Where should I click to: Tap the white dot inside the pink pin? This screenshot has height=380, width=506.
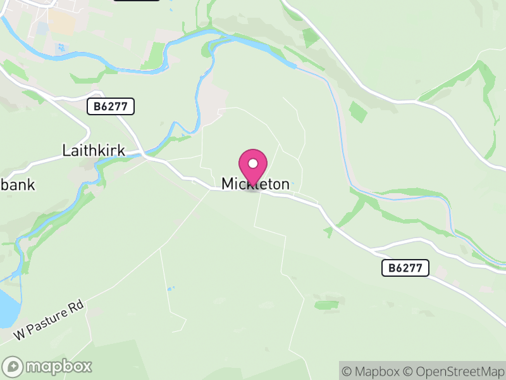(253, 163)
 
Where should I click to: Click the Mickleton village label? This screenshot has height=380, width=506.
(256, 184)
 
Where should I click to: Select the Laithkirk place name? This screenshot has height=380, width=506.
(94, 151)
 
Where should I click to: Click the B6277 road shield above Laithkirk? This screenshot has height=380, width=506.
(111, 106)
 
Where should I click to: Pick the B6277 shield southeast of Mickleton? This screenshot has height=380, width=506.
(405, 268)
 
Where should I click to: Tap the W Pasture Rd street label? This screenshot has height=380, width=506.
(49, 319)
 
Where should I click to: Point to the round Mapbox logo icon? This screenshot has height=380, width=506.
(13, 366)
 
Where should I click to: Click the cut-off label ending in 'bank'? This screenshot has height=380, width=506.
(17, 185)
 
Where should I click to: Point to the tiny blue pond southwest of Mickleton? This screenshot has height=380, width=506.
(170, 289)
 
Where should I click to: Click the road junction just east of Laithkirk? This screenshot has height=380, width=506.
(146, 155)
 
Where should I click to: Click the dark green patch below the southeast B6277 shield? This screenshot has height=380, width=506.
(326, 305)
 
